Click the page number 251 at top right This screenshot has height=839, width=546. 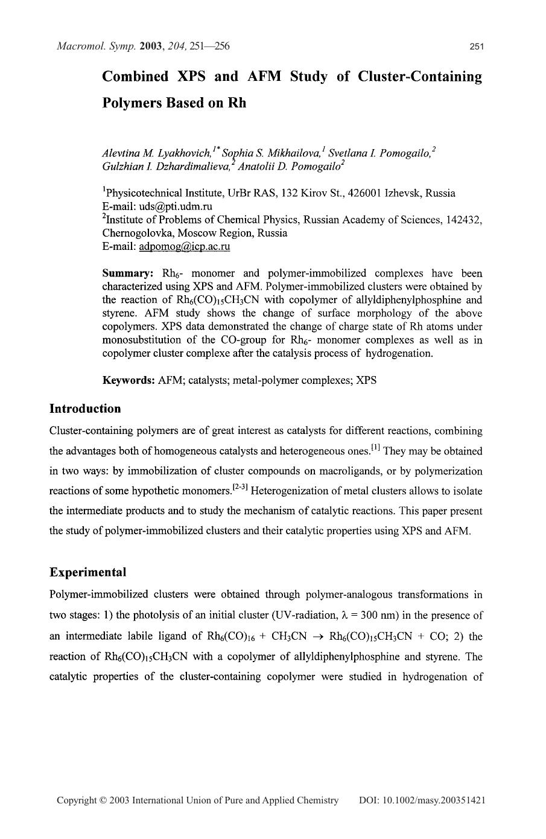(x=477, y=46)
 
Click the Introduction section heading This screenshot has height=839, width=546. (x=85, y=409)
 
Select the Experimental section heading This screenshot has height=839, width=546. (x=88, y=572)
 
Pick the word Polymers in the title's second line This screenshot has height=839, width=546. (x=130, y=103)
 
